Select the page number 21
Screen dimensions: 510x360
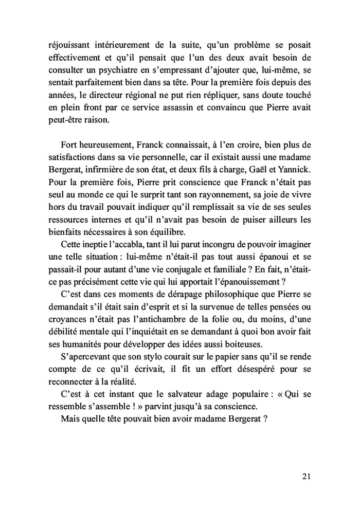click(x=306, y=477)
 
